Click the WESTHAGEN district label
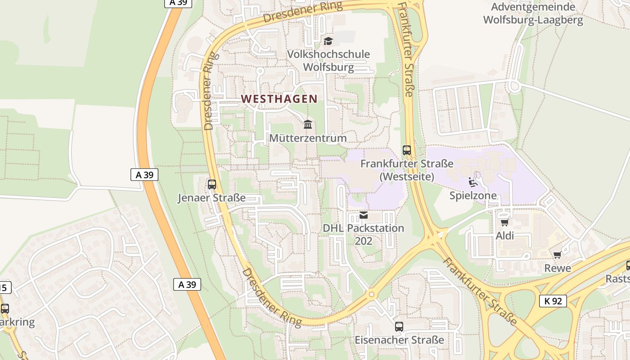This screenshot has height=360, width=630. pos(279,99)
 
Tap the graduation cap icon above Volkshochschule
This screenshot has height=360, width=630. pos(328,41)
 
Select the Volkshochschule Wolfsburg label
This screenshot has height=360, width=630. pos(328,61)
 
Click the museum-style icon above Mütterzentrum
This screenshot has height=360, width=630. pos(308,124)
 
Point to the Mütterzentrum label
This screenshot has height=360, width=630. pos(308,138)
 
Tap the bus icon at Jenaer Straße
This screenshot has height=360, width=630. pos(211,184)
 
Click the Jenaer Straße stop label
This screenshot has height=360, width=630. pos(211,198)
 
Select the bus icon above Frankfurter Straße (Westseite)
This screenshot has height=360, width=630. pos(407,150)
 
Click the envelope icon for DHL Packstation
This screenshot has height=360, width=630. pos(364,215)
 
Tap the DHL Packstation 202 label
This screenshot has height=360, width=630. pos(364,234)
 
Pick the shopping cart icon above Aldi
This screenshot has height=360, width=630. pos(504,222)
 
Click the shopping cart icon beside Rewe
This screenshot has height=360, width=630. pos(557,255)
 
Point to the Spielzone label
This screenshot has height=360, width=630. pos(473,196)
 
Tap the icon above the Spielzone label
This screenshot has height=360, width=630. pos(473,182)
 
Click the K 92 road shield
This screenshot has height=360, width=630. pos(553,301)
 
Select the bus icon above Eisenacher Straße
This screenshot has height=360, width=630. pos(399,326)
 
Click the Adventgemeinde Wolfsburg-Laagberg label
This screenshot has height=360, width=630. pos(533,13)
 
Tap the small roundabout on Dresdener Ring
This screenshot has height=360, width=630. pos(371,294)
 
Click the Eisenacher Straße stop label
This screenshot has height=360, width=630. pos(399,340)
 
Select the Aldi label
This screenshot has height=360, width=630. pos(504,236)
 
